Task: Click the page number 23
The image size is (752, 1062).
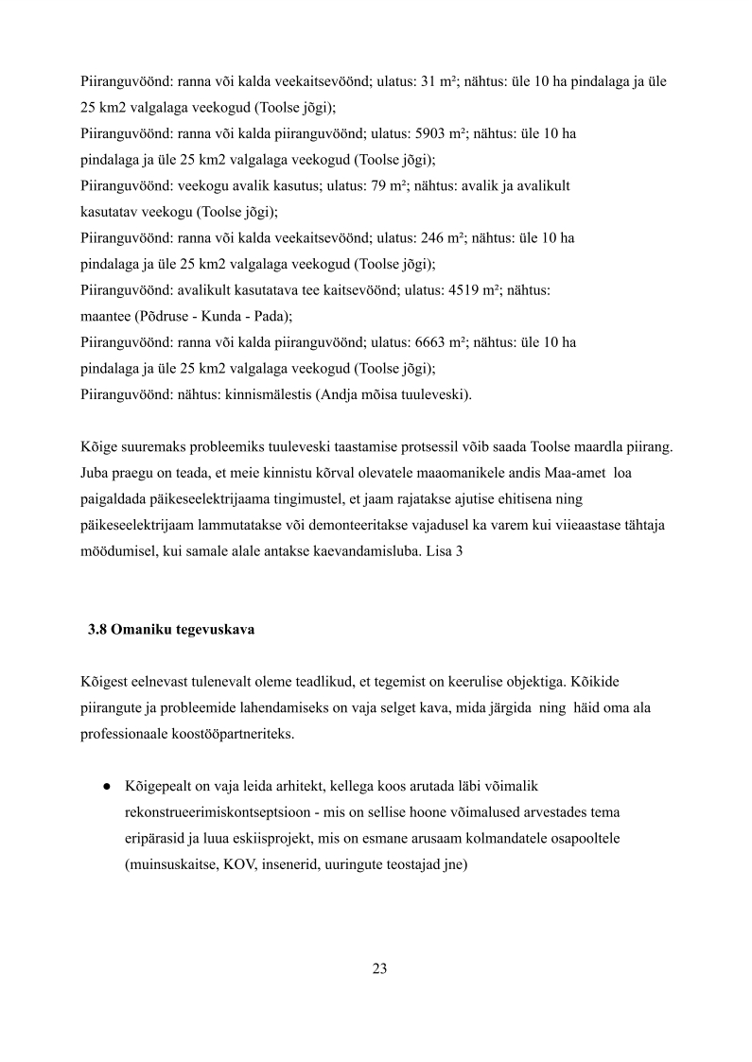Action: (379, 967)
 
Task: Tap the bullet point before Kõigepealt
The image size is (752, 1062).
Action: (109, 786)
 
